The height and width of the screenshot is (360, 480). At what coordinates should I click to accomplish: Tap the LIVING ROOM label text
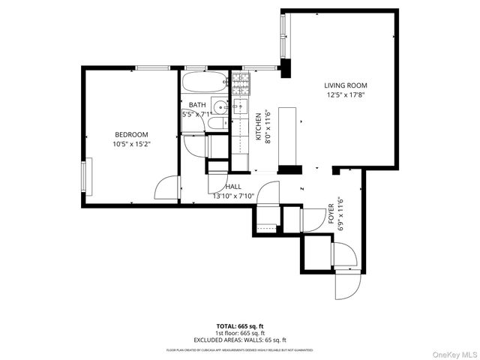346,85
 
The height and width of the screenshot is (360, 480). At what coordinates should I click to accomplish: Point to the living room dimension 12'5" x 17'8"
346,95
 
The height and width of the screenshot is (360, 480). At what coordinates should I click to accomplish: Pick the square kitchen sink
241,105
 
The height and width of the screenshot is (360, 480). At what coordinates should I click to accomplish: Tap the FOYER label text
331,214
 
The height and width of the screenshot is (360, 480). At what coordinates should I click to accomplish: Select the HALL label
232,187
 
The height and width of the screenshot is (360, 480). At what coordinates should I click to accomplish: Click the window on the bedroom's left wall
86,177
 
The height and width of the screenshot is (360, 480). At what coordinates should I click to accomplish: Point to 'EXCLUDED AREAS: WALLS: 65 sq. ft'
240,340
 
